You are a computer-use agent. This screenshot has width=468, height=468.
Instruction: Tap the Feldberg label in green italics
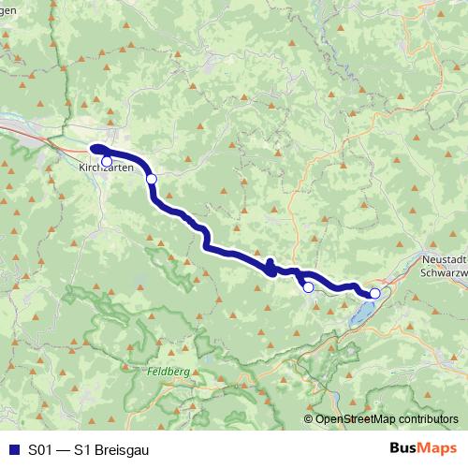click(168, 372)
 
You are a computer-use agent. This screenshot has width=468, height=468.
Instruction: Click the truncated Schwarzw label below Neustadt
click(444, 270)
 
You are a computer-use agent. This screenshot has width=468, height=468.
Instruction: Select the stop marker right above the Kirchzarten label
click(107, 161)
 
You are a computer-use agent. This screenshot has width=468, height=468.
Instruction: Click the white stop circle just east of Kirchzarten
click(151, 178)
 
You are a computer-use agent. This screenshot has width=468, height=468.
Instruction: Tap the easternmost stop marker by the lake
click(374, 293)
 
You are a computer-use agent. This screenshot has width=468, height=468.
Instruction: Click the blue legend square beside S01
click(12, 448)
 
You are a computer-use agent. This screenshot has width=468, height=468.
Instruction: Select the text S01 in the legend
click(40, 448)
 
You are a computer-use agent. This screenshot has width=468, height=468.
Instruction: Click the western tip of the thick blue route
click(93, 147)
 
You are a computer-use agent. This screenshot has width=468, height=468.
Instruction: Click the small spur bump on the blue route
click(270, 263)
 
